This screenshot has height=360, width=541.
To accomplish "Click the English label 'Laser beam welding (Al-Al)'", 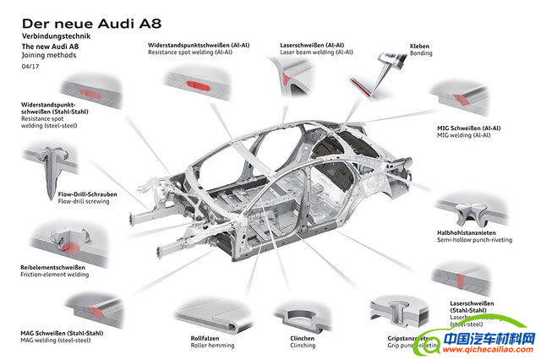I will point(317,52).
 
